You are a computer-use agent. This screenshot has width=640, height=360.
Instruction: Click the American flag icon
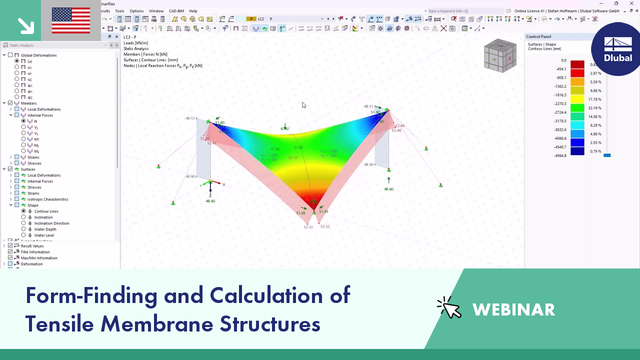71,20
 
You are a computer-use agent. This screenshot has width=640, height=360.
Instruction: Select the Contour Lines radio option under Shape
23,211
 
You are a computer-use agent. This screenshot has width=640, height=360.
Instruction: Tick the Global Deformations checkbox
10,55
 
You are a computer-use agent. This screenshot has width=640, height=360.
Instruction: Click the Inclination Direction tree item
51,223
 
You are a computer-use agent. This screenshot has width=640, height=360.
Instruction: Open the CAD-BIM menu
176,11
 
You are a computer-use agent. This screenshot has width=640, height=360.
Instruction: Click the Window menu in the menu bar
156,11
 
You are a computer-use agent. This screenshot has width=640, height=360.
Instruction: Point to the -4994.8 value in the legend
560,156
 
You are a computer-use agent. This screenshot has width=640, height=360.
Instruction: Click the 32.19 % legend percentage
594,108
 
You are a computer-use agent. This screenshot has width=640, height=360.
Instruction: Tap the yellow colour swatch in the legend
577,99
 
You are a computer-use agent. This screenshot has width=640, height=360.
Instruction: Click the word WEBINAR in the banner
513,310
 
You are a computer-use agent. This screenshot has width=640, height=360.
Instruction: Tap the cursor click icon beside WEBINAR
449,308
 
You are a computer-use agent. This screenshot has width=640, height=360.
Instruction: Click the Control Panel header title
538,36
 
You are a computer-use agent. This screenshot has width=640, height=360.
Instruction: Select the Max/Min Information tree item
39,258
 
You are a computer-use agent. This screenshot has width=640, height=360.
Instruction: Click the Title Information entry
35,252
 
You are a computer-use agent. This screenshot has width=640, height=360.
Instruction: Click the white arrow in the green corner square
25,25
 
